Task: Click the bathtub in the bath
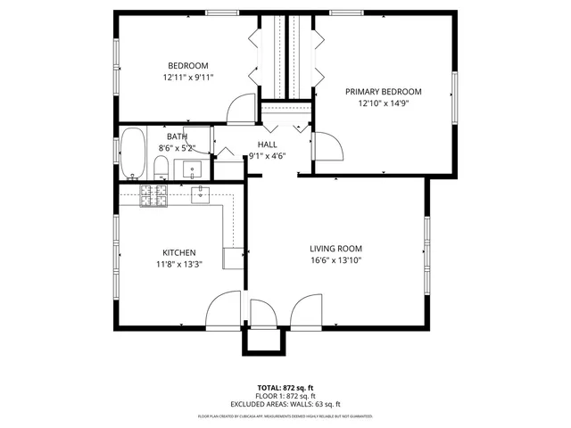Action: pyautogui.click(x=134, y=154)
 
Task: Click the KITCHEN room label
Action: pyautogui.click(x=178, y=252)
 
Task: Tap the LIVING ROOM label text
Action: pyautogui.click(x=335, y=248)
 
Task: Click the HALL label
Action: pyautogui.click(x=267, y=144)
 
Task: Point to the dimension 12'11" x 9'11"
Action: pyautogui.click(x=188, y=78)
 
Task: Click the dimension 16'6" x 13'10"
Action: pyautogui.click(x=335, y=260)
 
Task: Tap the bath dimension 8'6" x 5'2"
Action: pyautogui.click(x=177, y=148)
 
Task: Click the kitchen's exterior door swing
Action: pyautogui.click(x=223, y=311)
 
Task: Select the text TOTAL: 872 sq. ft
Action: pyautogui.click(x=285, y=388)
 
